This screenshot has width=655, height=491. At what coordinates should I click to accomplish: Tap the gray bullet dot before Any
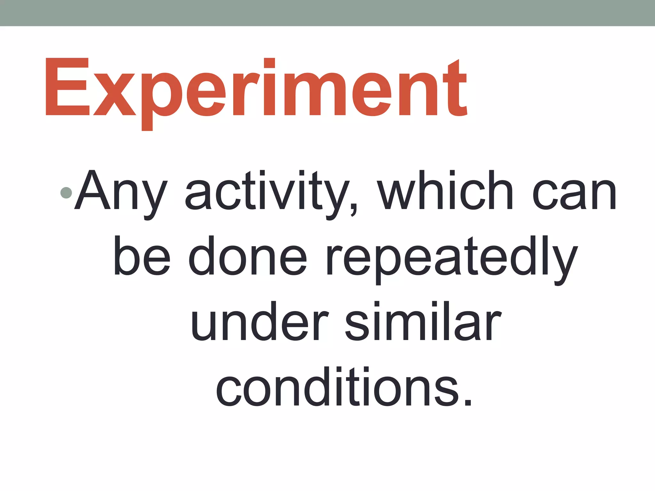pos(66,192)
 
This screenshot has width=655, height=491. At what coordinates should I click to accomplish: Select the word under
pos(259,323)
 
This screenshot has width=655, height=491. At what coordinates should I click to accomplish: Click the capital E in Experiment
pos(67,87)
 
